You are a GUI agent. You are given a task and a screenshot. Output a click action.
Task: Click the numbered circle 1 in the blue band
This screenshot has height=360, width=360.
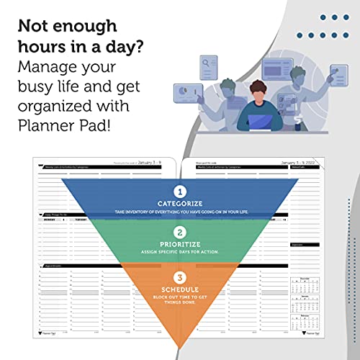coord(180,192)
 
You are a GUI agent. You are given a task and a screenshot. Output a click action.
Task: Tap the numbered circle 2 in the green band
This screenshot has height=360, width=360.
coord(180,233)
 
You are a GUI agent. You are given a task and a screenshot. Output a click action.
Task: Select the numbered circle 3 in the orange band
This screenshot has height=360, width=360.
coord(180,276)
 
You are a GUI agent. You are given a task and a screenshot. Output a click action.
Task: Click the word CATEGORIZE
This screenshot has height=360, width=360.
coord(180,204)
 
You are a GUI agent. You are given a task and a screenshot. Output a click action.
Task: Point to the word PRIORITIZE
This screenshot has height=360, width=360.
coord(180,244)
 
